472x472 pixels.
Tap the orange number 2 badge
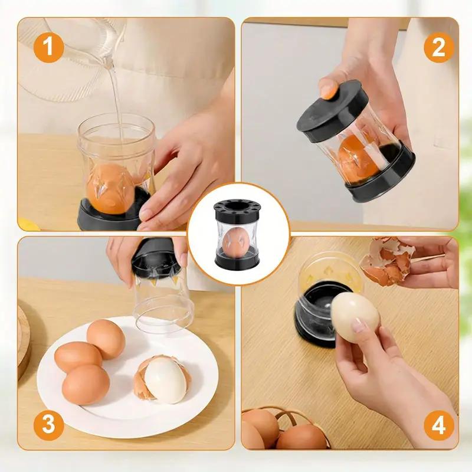coord(438,47)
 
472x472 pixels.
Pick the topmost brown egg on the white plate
coord(106,339)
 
